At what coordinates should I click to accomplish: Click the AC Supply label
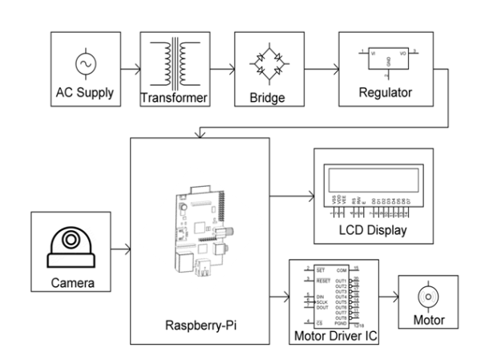pyautogui.click(x=83, y=92)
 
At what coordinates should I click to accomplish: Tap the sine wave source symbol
pyautogui.click(x=84, y=62)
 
